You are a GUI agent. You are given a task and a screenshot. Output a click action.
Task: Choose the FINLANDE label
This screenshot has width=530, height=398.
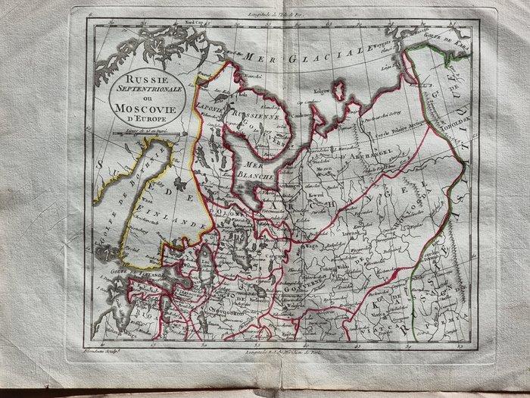click(x=176, y=222)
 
